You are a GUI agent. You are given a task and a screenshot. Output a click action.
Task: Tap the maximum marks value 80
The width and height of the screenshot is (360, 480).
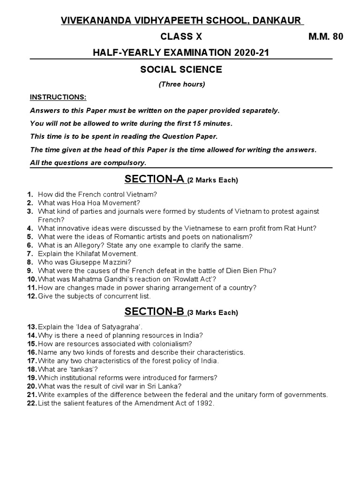click(x=338, y=37)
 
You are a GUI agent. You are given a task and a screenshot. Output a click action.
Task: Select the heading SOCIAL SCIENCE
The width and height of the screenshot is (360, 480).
click(x=181, y=70)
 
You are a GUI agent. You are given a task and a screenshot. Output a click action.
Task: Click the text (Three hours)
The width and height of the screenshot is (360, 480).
click(x=181, y=84)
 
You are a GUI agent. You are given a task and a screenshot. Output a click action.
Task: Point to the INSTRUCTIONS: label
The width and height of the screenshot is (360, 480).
click(x=58, y=97)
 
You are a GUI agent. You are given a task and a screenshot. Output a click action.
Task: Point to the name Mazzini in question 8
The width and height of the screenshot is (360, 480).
click(x=117, y=262)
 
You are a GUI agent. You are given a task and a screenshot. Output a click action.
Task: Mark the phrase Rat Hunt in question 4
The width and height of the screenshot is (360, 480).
click(x=301, y=228)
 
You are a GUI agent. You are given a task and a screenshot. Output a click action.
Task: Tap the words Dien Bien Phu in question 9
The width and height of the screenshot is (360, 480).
click(x=254, y=270)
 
